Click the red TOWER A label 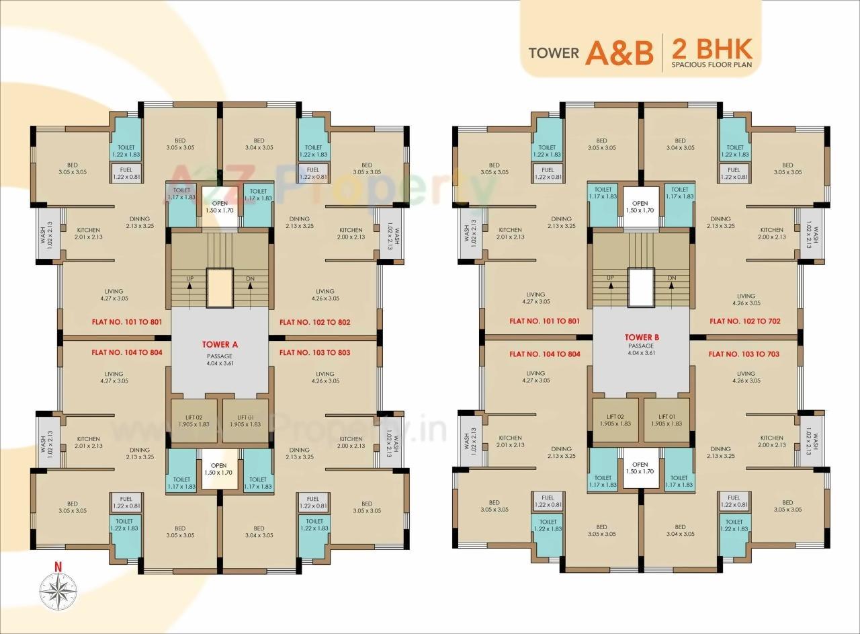[x=220, y=344]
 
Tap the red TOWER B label [x=640, y=338]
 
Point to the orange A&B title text [x=619, y=53]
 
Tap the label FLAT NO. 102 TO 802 [x=314, y=322]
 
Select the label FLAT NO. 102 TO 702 [x=744, y=321]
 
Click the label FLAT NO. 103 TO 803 [x=314, y=352]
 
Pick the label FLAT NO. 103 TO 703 [x=744, y=354]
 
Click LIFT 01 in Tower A [x=245, y=421]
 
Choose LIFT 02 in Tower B [x=615, y=420]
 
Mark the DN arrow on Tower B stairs [x=671, y=285]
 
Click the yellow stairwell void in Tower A [x=219, y=288]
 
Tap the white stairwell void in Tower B [x=640, y=287]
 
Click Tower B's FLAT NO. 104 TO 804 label [x=544, y=354]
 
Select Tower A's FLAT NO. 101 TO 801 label [x=127, y=322]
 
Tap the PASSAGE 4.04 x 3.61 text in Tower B [x=640, y=350]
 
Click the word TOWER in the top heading [x=554, y=52]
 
